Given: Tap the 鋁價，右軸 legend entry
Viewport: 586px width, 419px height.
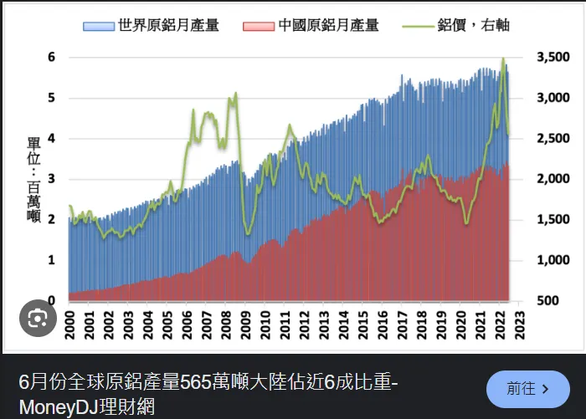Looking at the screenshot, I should (472, 25).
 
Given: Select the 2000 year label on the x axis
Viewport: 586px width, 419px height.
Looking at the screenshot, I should (69, 322).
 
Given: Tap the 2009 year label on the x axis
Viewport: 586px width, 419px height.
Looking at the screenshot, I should (245, 322).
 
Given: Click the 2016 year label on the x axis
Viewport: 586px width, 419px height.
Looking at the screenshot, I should (383, 322).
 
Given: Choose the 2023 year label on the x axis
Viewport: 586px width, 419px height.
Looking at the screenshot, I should (520, 322).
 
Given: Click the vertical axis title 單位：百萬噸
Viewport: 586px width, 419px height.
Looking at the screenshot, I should (34, 179).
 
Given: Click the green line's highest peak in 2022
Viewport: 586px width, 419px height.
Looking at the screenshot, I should (503, 59).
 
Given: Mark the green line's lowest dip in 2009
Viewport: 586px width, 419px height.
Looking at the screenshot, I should (247, 234).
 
